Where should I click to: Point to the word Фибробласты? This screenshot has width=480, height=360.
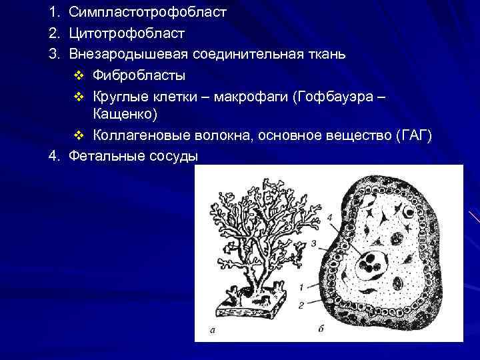[x=139, y=74]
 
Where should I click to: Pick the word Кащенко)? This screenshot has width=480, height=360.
[x=125, y=115]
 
